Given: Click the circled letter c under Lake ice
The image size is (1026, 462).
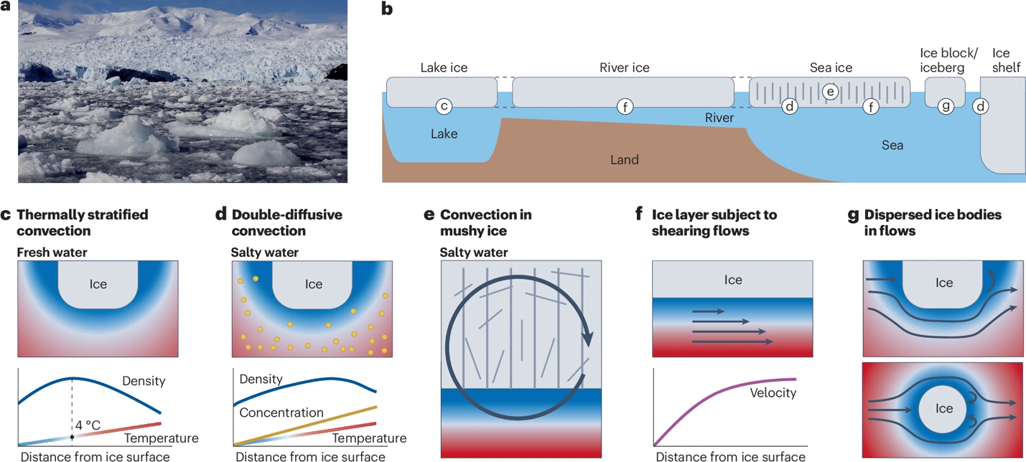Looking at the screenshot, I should click(444, 106).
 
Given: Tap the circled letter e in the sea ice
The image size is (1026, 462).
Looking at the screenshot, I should click(831, 91).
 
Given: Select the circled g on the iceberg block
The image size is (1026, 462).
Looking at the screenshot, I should click(946, 106).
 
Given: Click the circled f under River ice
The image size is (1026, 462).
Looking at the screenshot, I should click(625, 106).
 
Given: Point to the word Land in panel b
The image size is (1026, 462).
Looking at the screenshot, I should click(624, 160).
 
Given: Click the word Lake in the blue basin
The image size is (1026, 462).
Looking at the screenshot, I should click(444, 134).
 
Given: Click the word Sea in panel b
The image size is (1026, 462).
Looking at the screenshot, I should click(892, 146).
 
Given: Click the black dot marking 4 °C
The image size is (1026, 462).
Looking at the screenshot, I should click(73, 437).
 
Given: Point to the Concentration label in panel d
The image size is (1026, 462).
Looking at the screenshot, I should click(281, 412).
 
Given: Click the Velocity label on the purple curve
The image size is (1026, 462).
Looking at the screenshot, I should click(773, 392).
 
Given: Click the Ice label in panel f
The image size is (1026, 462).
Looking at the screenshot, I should click(732, 280).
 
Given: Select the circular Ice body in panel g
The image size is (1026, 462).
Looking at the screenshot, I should click(943, 409).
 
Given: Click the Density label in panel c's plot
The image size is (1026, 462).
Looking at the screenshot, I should click(144, 381).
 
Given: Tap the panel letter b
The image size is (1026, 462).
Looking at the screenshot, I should click(387, 11).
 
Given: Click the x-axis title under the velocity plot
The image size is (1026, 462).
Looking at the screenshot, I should click(730, 456).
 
